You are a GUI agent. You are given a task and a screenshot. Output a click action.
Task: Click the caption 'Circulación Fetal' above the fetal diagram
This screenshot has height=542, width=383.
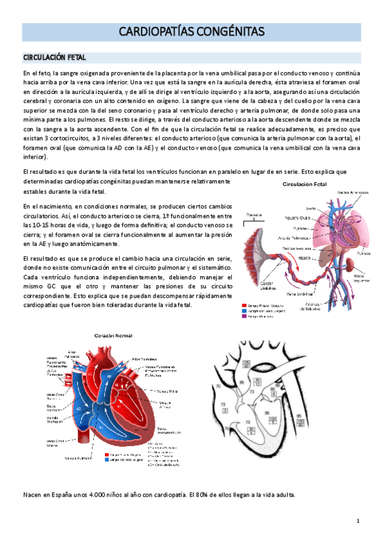(305, 184)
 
